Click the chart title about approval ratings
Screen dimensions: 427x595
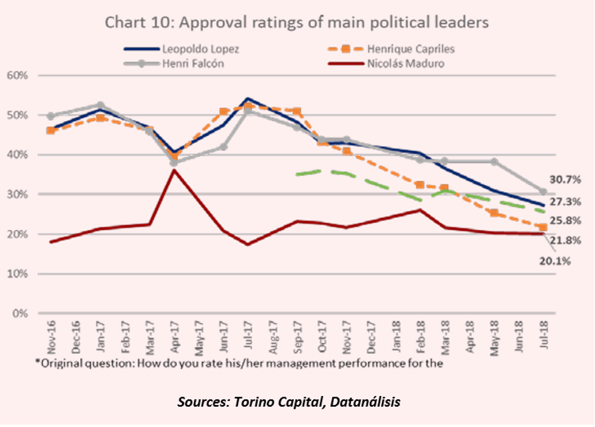(x=297, y=22)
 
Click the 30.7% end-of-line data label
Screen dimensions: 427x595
(x=566, y=180)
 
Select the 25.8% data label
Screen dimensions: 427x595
(x=566, y=220)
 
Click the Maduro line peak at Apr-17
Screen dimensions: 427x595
(x=174, y=170)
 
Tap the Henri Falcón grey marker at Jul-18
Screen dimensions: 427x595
(x=543, y=191)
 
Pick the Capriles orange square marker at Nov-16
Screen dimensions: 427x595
(x=51, y=130)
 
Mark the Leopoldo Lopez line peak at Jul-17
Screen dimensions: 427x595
(x=248, y=98)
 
